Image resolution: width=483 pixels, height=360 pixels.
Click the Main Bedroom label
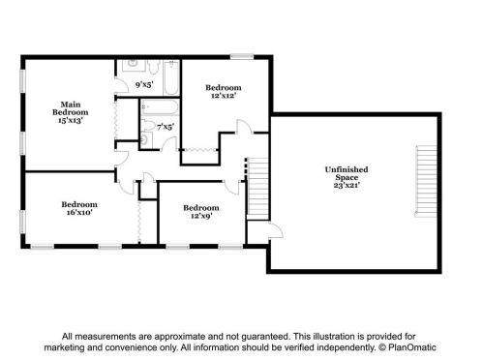tap(71, 108)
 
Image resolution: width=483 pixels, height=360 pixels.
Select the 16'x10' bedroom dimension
tap(79, 212)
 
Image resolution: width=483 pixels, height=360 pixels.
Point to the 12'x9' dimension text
tap(201, 216)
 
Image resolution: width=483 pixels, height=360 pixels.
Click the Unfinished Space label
tap(347, 173)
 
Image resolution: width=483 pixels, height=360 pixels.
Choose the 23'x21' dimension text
tap(347, 185)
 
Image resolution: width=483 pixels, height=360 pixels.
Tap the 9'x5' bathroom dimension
tap(144, 85)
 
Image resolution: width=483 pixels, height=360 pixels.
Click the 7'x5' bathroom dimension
tap(166, 127)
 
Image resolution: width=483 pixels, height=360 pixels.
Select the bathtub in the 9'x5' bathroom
tap(171, 77)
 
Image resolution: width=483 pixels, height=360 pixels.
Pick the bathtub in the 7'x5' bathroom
tap(160, 107)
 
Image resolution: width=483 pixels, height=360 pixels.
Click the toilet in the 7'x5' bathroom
tap(148, 125)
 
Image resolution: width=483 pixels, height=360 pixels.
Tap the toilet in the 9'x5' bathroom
tap(154, 66)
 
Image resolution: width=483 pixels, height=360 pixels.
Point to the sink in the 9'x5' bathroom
tap(134, 65)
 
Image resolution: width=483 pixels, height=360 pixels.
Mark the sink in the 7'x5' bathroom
tap(145, 140)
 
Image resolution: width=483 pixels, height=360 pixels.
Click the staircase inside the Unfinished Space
tap(426, 181)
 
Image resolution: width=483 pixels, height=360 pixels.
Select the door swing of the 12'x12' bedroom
tap(244, 127)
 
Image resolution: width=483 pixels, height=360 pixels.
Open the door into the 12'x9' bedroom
tap(231, 188)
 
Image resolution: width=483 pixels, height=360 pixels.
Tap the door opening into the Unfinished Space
tap(276, 230)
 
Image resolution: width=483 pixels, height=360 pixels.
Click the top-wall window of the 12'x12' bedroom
tap(242, 56)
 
